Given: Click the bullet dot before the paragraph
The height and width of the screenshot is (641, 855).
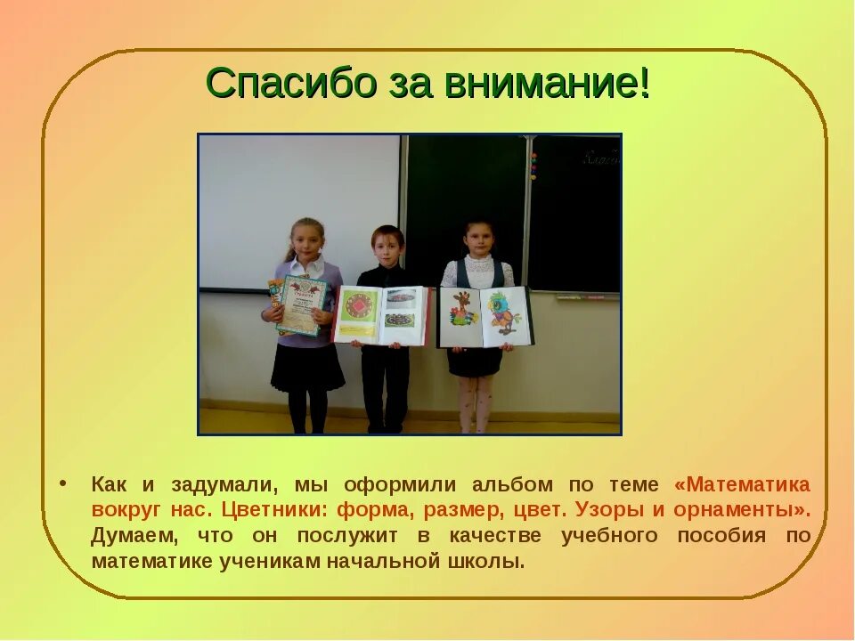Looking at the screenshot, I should (x=63, y=483).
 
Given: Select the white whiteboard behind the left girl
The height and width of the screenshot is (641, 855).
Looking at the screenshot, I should (x=267, y=205).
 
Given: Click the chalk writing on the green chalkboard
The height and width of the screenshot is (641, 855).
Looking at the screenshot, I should (x=601, y=160).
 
